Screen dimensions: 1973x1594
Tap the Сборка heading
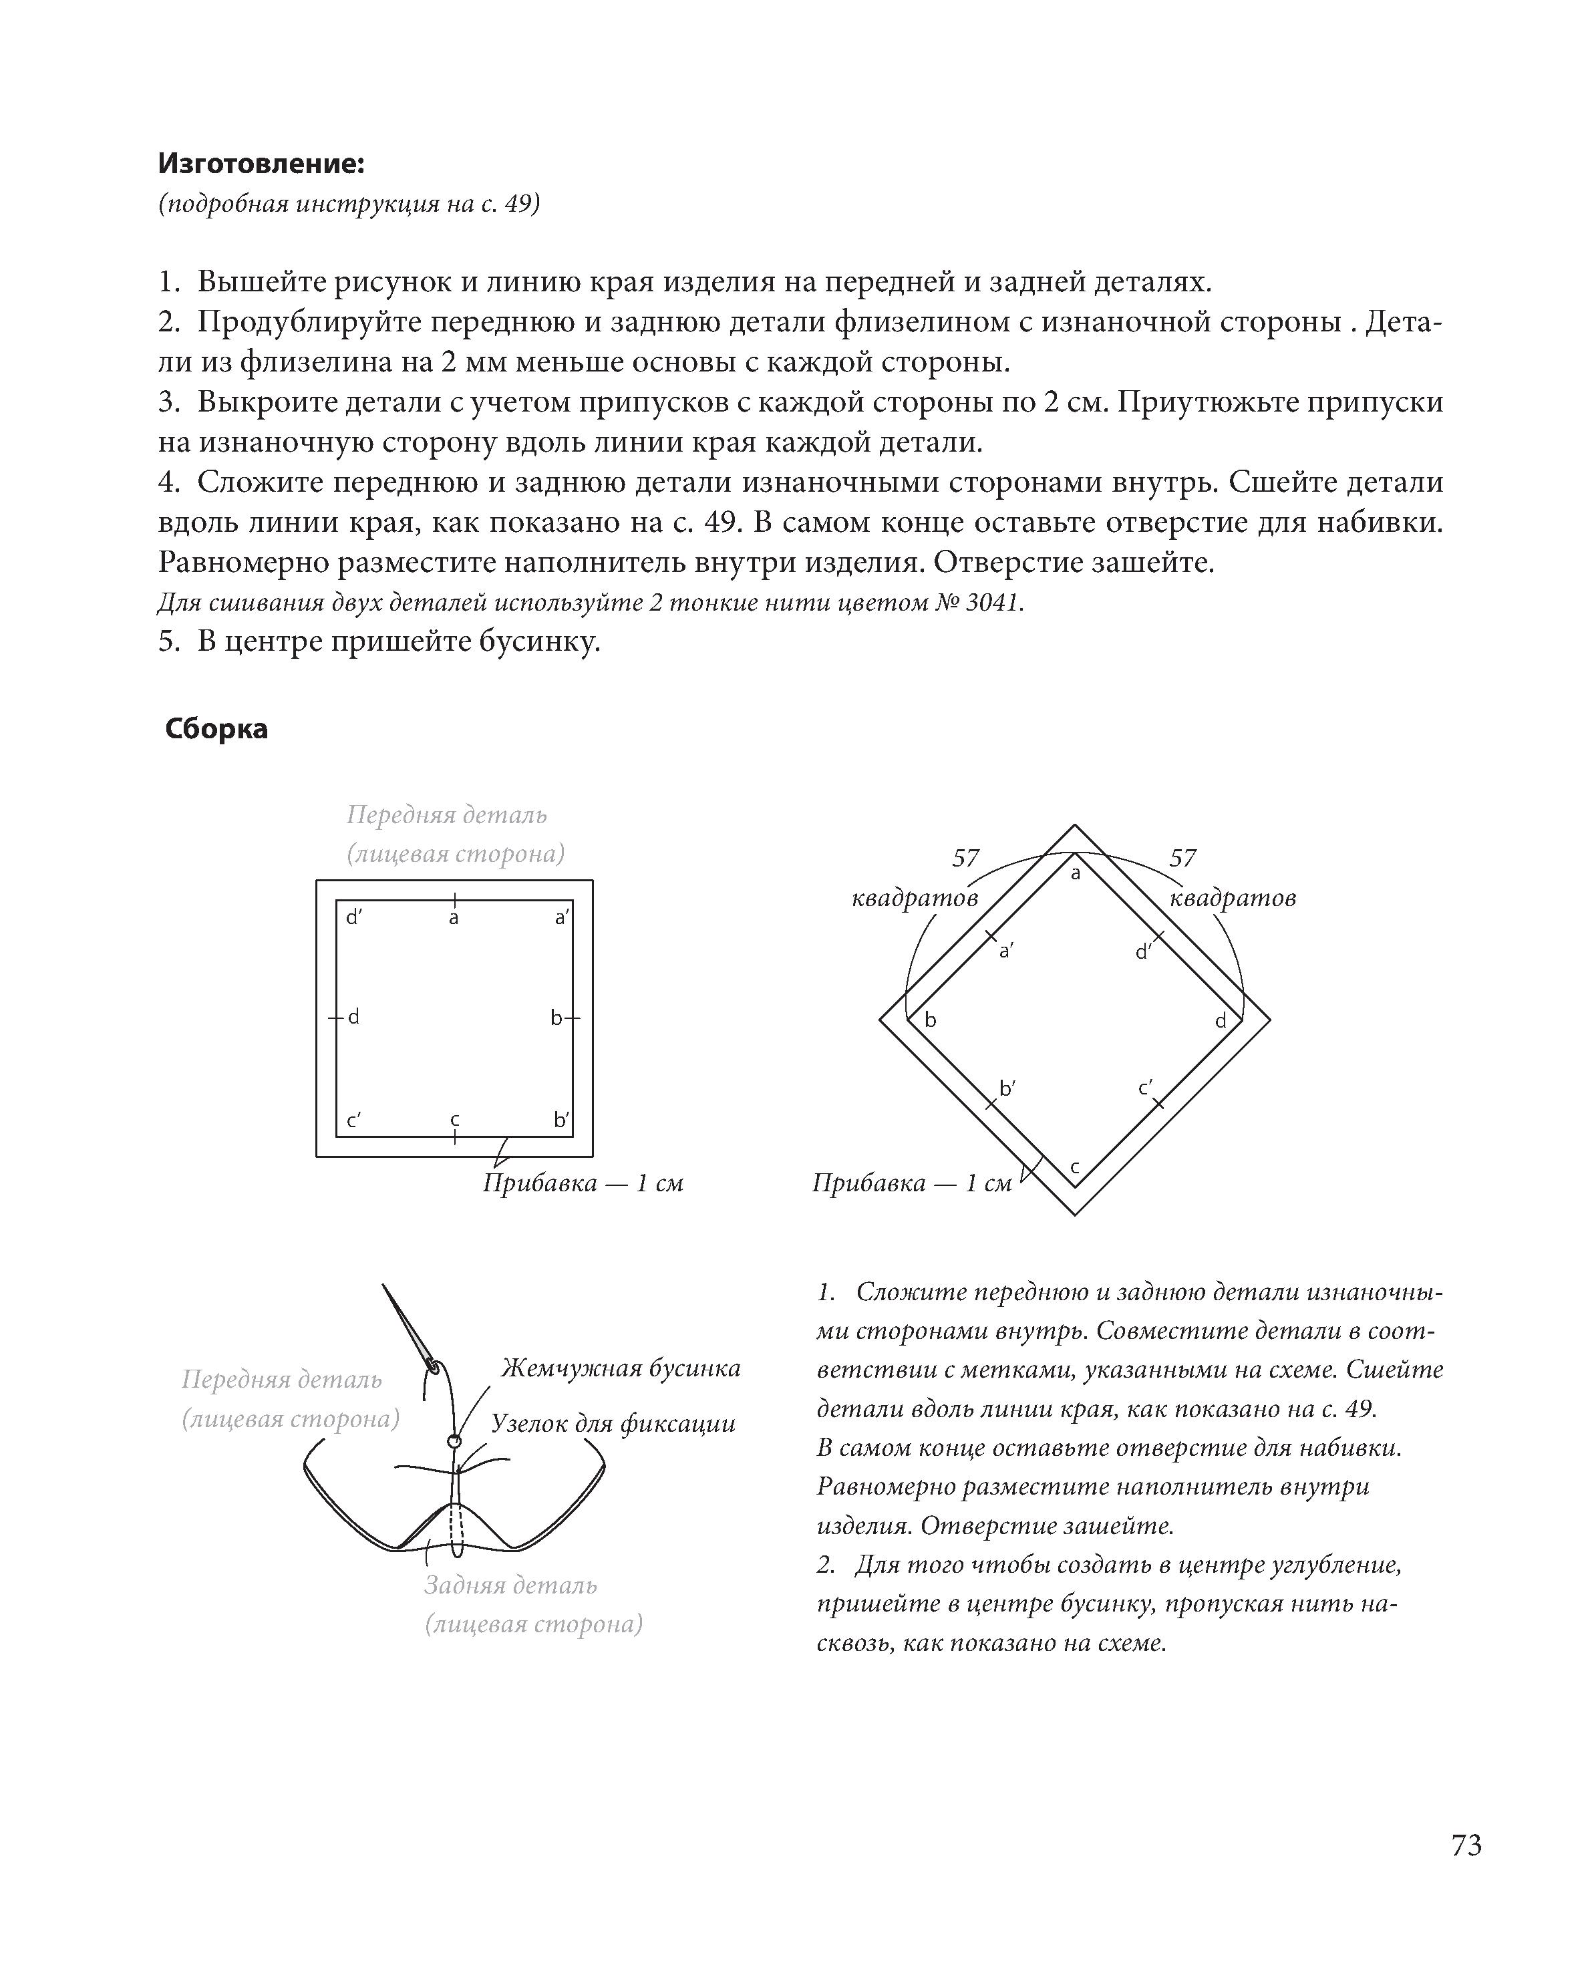216,729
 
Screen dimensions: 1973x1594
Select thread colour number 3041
993,603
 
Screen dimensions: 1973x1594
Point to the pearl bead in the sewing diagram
453,1440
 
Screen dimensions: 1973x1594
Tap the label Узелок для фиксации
613,1424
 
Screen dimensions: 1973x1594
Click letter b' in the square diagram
561,1120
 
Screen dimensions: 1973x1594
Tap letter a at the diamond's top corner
1076,874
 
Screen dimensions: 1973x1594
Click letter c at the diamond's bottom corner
1075,1169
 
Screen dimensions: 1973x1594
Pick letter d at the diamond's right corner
1221,1021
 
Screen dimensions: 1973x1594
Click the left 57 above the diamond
966,859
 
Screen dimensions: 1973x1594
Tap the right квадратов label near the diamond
1232,898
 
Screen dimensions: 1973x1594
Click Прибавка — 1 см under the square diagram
583,1183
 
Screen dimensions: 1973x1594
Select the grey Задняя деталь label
510,1585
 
